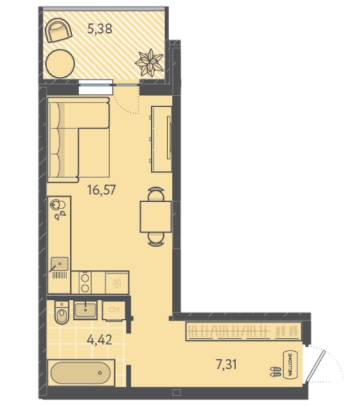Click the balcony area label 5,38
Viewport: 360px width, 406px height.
[99, 28]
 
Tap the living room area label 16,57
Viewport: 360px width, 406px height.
[101, 190]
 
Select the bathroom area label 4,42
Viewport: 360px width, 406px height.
[99, 340]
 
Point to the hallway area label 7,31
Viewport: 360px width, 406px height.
[226, 365]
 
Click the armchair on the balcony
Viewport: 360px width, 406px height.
[59, 30]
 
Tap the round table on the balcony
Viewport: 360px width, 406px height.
[60, 64]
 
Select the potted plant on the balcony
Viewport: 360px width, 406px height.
[149, 63]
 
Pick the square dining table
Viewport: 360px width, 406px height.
[155, 217]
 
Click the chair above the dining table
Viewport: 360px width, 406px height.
[155, 194]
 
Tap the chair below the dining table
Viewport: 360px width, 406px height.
[155, 239]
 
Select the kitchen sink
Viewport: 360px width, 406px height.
[59, 264]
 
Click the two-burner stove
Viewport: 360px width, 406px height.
[85, 282]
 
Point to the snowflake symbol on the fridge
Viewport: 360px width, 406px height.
[117, 283]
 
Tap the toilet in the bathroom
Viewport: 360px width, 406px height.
[62, 312]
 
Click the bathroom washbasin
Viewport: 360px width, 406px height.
[85, 310]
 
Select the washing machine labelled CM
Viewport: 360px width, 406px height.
[114, 310]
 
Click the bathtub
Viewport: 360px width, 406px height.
[81, 373]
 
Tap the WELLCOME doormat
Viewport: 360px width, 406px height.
[290, 365]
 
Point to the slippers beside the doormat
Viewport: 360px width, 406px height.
[275, 372]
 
